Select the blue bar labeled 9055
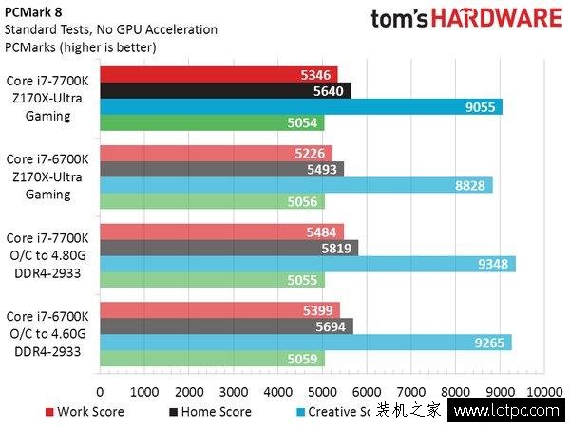[300, 106]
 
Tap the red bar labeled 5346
[218, 74]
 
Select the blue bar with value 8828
[295, 185]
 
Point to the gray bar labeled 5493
[221, 169]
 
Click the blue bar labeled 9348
[307, 264]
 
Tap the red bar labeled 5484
[221, 232]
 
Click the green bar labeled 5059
[212, 359]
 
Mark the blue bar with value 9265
[305, 343]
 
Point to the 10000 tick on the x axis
[542, 390]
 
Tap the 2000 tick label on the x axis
[188, 390]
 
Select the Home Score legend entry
[211, 412]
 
